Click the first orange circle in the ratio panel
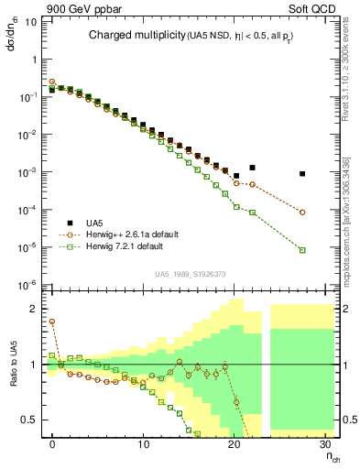(x=52, y=322)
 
